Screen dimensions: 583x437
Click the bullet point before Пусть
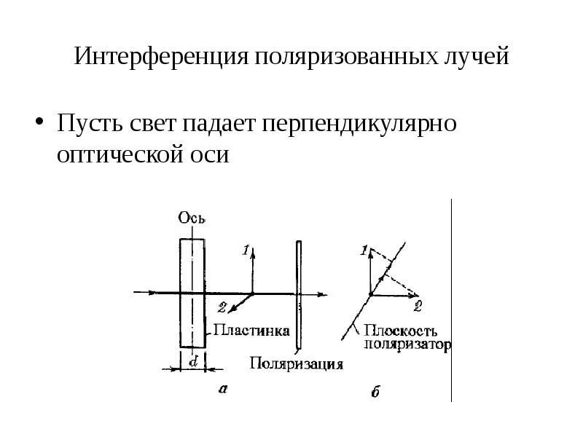coord(41,122)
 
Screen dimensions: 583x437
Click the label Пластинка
coord(251,331)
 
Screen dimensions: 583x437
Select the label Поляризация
coord(296,363)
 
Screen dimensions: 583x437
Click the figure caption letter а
coord(223,390)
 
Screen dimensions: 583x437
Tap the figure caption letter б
coord(375,393)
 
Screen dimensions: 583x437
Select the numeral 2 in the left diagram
coord(222,307)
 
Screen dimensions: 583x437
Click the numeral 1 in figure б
coord(364,251)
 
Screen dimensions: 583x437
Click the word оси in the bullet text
coord(210,155)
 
